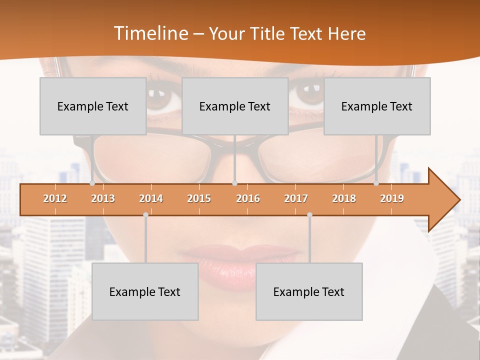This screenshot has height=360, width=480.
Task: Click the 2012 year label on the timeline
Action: pyautogui.click(x=55, y=198)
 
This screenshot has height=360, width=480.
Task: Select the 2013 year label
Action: pyautogui.click(x=103, y=198)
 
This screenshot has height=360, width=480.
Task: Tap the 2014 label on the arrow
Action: pyautogui.click(x=151, y=198)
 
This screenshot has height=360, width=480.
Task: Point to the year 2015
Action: pyautogui.click(x=199, y=198)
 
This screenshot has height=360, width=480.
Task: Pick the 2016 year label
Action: pyautogui.click(x=248, y=198)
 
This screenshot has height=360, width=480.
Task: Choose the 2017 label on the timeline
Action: pyautogui.click(x=296, y=198)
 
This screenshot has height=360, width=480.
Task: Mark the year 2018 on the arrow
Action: pyautogui.click(x=344, y=198)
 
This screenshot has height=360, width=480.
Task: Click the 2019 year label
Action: pyautogui.click(x=392, y=198)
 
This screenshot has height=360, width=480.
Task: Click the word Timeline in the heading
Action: pyautogui.click(x=150, y=33)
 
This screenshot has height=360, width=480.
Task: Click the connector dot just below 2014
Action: pyautogui.click(x=145, y=214)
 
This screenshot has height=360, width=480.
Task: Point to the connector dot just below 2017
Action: pyautogui.click(x=309, y=214)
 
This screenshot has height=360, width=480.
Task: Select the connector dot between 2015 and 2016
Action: pyautogui.click(x=235, y=183)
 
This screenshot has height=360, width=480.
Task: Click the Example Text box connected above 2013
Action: pyautogui.click(x=93, y=106)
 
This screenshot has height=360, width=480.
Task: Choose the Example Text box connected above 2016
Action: pyautogui.click(x=235, y=106)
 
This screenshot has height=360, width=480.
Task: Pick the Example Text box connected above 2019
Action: pyautogui.click(x=377, y=106)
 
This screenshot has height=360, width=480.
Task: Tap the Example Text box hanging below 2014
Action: pyautogui.click(x=145, y=291)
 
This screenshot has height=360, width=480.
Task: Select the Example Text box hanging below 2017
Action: pyautogui.click(x=309, y=291)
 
